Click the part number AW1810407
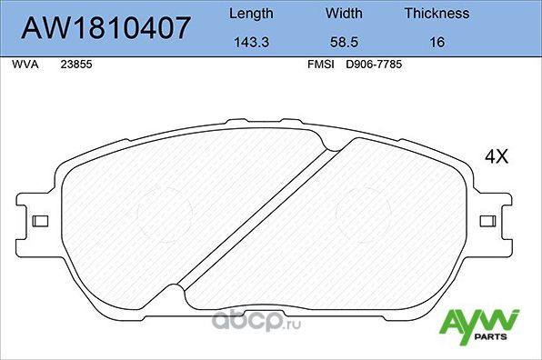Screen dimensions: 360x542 pyautogui.click(x=105, y=28)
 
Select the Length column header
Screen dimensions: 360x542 pyautogui.click(x=250, y=14)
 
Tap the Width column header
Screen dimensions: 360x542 pyautogui.click(x=344, y=14)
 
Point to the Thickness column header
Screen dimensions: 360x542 pyautogui.click(x=437, y=14)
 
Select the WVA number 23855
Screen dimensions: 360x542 pyautogui.click(x=75, y=65)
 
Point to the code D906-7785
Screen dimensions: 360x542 pyautogui.click(x=376, y=65)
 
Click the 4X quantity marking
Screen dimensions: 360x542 pyautogui.click(x=496, y=156)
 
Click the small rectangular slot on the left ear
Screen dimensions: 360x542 pyautogui.click(x=39, y=221)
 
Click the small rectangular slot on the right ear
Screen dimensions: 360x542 pyautogui.click(x=489, y=221)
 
